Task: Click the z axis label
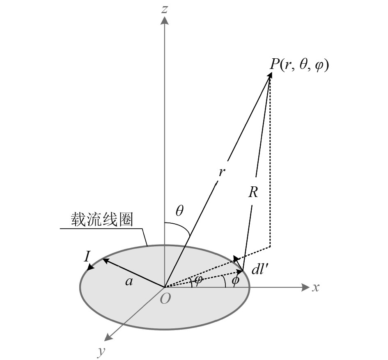tap(165, 9)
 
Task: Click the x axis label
tap(315, 287)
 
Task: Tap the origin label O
tap(165, 299)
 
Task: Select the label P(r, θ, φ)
tap(299, 65)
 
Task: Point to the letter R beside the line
tap(253, 193)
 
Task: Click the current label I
tap(87, 257)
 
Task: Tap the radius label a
tap(130, 281)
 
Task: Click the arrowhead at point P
tap(270, 74)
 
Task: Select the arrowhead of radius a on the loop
tap(104, 260)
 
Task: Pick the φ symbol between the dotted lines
tap(198, 281)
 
